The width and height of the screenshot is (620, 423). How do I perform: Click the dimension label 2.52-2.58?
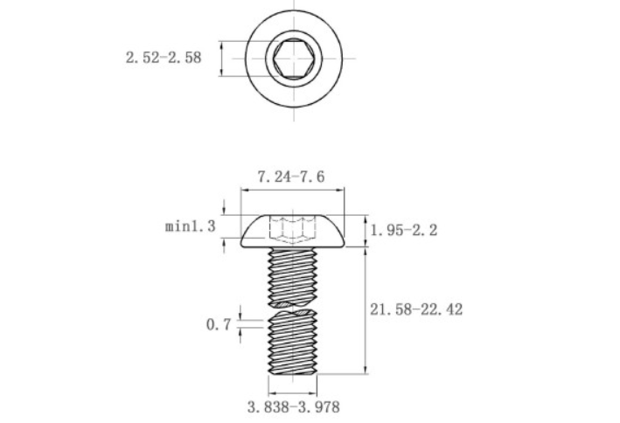point(164,59)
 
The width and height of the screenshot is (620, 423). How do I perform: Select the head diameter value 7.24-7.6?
point(291,176)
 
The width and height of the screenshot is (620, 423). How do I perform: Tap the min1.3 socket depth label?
point(190,226)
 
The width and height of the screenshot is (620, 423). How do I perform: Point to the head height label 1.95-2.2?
point(403,230)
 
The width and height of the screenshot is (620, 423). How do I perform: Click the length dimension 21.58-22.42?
point(416,309)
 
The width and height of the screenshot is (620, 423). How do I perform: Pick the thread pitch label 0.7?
point(218,324)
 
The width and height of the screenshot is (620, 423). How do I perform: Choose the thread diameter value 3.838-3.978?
point(293,407)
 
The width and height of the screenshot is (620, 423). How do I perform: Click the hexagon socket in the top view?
point(290,59)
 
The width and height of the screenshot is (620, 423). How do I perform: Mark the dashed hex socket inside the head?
point(291,230)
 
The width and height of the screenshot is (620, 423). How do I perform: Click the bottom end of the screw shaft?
point(292,372)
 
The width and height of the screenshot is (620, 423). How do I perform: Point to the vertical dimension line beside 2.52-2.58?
point(222,59)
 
